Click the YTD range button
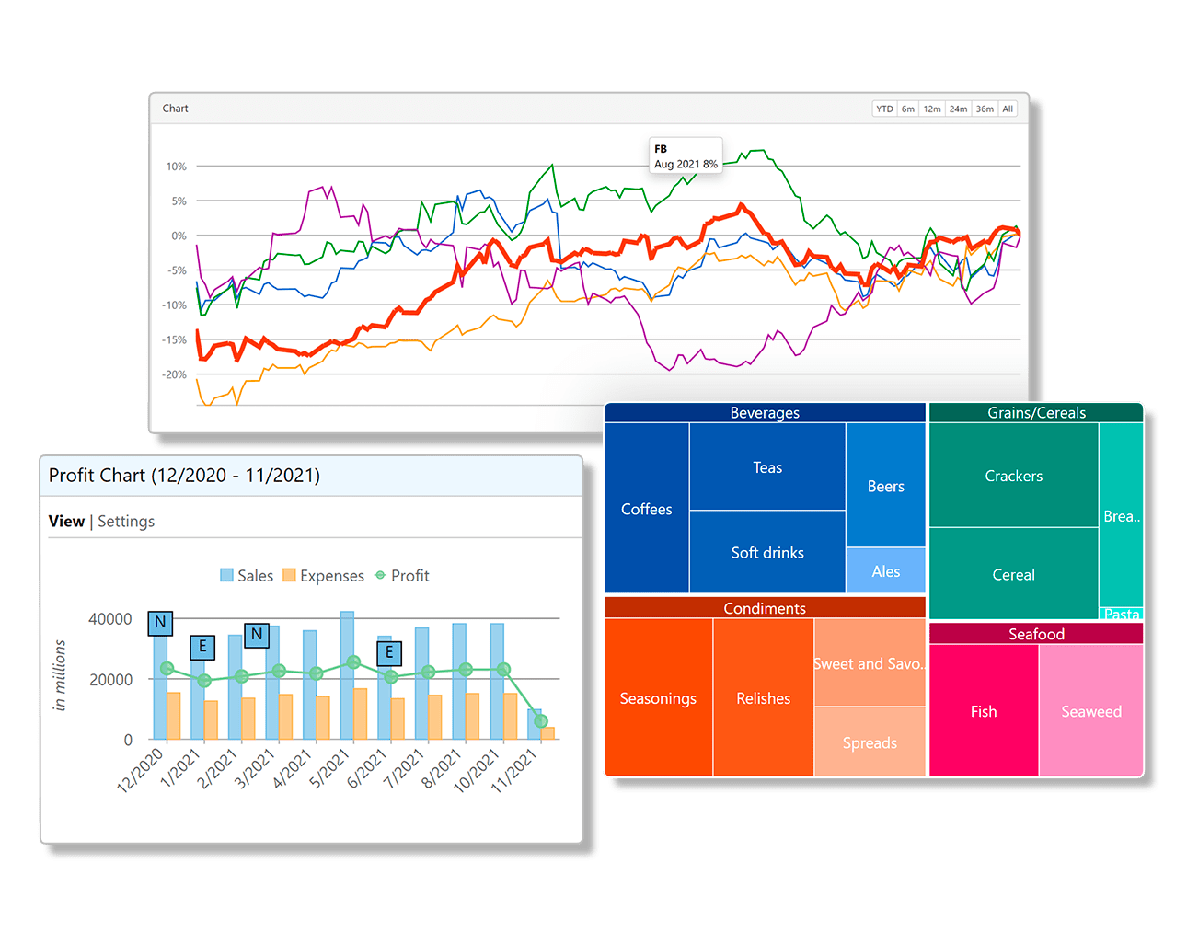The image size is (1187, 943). click(x=884, y=109)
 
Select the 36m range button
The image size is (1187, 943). click(x=985, y=109)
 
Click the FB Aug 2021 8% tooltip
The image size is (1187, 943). click(x=686, y=155)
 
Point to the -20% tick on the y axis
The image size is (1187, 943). click(x=175, y=374)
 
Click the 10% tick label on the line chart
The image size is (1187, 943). click(x=176, y=167)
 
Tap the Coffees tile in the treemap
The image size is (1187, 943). click(x=646, y=509)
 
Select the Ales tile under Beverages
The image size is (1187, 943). click(x=885, y=571)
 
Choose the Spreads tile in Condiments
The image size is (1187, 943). click(x=870, y=742)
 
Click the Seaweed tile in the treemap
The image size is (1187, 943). click(x=1091, y=711)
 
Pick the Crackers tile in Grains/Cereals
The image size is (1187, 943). click(x=1013, y=476)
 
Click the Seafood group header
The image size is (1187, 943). click(x=1036, y=634)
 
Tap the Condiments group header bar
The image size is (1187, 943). click(x=764, y=608)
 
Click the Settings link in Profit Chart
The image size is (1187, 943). click(x=126, y=522)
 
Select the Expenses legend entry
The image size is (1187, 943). click(x=323, y=576)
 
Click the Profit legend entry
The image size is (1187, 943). click(x=402, y=576)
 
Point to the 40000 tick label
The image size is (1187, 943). click(x=109, y=619)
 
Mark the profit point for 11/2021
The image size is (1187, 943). click(x=541, y=721)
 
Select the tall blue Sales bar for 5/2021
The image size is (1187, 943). click(x=347, y=675)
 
